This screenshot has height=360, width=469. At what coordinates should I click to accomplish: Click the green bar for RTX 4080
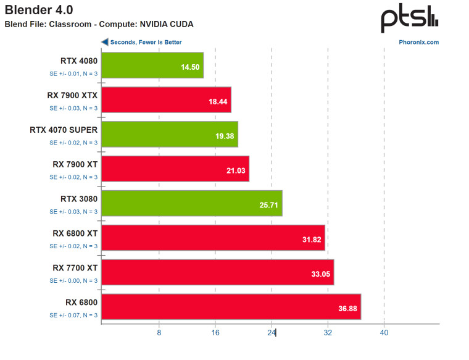[152, 65]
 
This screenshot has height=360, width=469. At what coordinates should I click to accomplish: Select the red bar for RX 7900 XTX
[165, 100]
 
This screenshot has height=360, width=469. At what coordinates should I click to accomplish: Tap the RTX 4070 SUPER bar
[169, 135]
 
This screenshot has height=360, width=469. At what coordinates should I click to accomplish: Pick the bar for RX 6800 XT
[212, 238]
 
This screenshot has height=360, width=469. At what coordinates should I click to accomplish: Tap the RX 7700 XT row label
[75, 268]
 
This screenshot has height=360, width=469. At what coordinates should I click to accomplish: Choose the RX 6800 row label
[81, 303]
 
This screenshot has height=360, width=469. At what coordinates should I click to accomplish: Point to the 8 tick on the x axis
[159, 333]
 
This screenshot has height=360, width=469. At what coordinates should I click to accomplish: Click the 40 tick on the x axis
[384, 333]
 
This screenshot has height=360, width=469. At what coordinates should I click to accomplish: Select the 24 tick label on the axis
[271, 333]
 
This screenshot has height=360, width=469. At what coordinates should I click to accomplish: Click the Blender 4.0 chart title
[39, 10]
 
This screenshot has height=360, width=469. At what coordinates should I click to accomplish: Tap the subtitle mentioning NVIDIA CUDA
[99, 25]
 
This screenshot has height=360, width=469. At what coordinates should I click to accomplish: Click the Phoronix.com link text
[419, 43]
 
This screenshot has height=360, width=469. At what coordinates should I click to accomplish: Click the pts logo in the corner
[409, 19]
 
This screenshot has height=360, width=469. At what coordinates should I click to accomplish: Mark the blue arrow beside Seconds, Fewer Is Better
[105, 43]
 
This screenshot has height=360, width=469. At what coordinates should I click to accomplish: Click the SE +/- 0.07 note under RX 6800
[73, 315]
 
